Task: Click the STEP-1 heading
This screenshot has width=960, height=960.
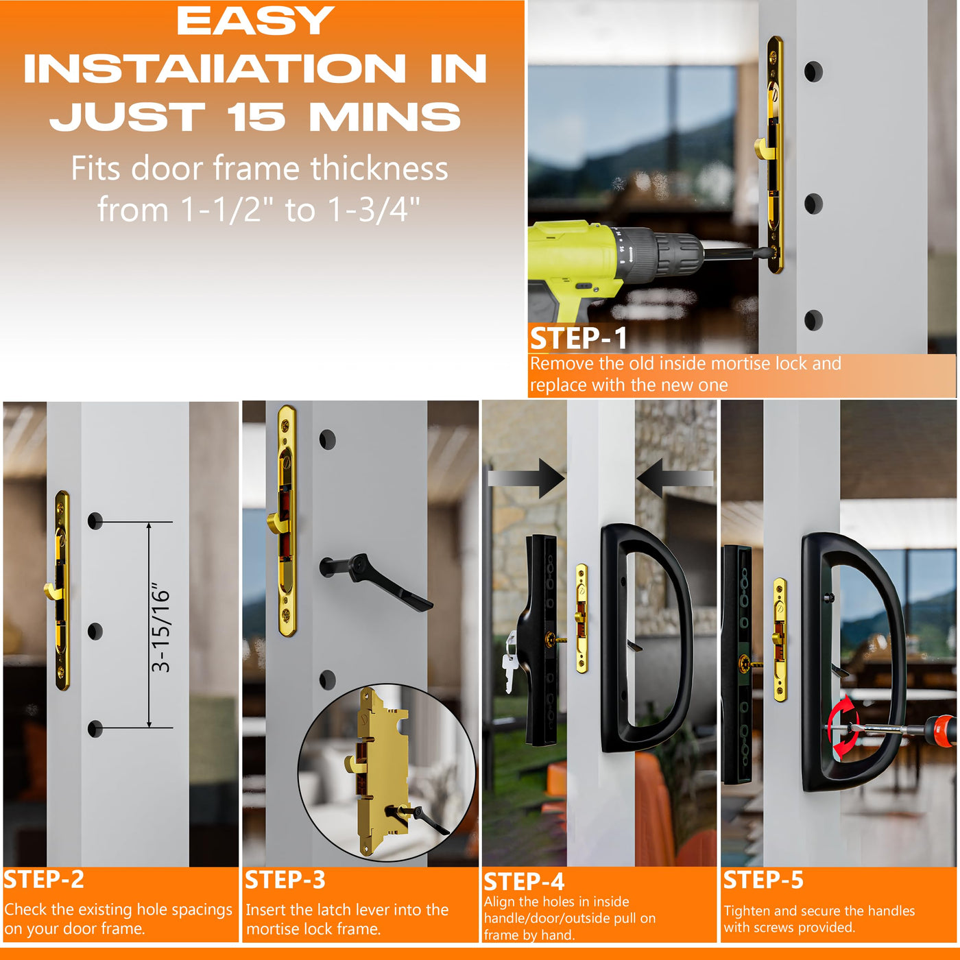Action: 578,338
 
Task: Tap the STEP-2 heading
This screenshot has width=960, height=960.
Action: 44,879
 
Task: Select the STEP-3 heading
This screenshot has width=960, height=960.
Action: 285,879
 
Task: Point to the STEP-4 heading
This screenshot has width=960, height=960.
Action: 524,881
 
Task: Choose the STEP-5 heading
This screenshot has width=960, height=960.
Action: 763,879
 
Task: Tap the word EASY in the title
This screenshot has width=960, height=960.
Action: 255,21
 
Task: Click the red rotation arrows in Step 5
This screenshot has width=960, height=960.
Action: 843,728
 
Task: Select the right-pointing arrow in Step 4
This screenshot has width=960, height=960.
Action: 527,478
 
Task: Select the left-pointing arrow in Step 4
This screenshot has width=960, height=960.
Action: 675,478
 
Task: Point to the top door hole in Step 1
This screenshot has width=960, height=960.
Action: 813,71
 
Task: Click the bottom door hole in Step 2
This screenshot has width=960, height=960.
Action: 95,728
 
